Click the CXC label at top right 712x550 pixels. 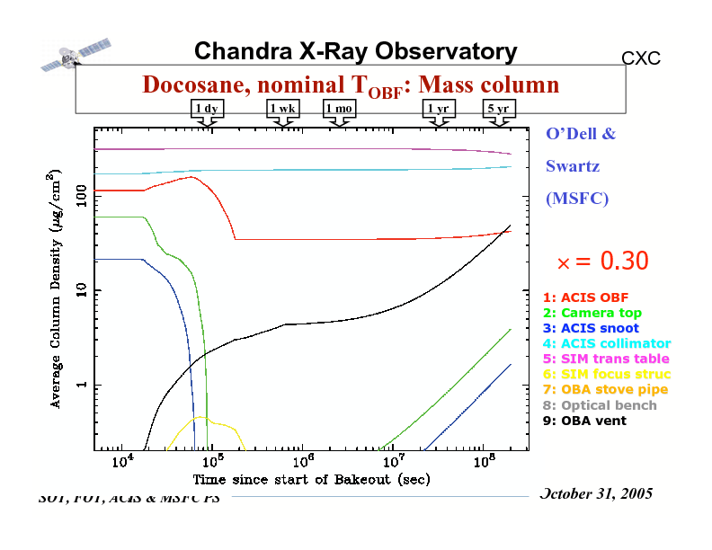641,59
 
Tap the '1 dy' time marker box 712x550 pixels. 208,109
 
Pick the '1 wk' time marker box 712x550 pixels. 283,109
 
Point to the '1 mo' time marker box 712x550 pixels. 340,109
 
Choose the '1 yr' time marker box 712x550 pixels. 439,109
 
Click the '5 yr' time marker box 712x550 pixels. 498,109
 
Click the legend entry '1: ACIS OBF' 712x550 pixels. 585,297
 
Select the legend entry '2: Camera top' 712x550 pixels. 592,313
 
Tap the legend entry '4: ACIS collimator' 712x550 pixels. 607,343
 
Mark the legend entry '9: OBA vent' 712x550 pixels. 584,420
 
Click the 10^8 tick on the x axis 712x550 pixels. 484,463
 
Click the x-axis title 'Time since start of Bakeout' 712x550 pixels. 310,479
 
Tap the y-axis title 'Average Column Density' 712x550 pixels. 56,288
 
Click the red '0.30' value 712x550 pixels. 624,261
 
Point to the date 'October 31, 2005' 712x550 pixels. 595,494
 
